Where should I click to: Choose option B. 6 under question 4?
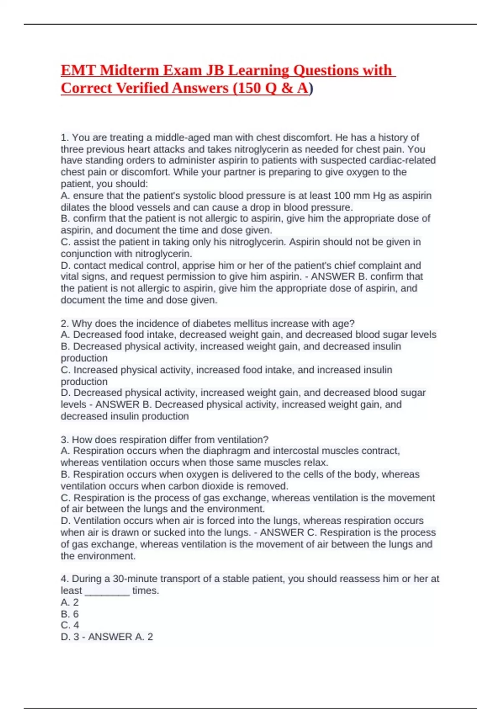click(70, 614)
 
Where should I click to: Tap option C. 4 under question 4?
click(70, 625)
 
